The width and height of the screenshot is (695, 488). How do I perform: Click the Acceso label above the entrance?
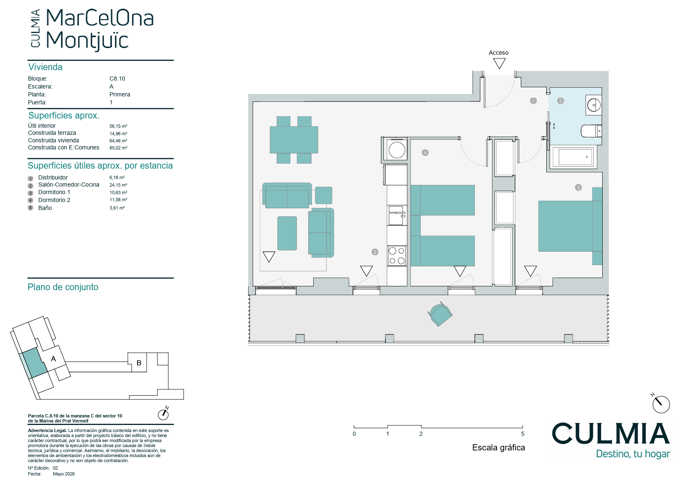pos(498,53)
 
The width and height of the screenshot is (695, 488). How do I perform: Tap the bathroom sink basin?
pos(594,105)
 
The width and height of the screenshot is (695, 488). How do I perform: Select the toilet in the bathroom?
pos(591,131)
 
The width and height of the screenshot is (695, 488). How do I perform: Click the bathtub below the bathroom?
pos(573,157)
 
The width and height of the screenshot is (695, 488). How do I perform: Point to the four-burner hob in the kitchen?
pos(397,256)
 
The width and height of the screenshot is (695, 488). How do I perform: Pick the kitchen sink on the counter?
pos(396,215)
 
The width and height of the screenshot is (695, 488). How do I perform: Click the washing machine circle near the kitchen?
pos(397,150)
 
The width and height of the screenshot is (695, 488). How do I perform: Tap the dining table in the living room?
pos(294,139)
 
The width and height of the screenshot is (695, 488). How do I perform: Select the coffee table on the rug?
pos(287,233)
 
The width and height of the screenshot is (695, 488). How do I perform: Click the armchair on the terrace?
pos(440,314)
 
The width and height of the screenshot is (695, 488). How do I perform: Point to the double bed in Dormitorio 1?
pos(570,226)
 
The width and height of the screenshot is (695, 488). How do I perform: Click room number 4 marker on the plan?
pos(425,152)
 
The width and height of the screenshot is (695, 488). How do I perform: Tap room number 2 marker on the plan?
pos(375,252)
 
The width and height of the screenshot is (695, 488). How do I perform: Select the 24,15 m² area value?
pos(118,185)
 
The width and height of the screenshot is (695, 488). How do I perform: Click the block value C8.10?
pos(117,78)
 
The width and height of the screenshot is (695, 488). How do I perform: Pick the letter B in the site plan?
pos(139,363)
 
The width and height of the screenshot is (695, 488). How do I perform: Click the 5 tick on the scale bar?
pos(523,434)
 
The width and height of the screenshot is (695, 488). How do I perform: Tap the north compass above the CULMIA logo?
pos(661,404)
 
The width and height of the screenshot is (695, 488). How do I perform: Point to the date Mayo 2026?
pos(64,474)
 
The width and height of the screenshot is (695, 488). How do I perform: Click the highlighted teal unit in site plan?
pos(34,362)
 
